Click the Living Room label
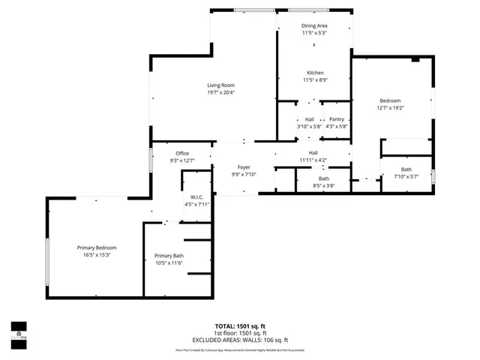[220, 85]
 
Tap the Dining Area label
[314, 25]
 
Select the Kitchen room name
[314, 73]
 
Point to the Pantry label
[337, 119]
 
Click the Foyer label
[244, 167]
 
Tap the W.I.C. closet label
[197, 197]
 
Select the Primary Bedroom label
[97, 247]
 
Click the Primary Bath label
[169, 256]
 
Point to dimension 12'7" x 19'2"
[390, 108]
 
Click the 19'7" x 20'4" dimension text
[220, 93]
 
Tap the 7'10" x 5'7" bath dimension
[406, 177]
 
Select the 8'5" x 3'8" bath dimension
[323, 186]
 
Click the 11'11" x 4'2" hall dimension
[313, 160]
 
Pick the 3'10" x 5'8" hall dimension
[309, 127]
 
